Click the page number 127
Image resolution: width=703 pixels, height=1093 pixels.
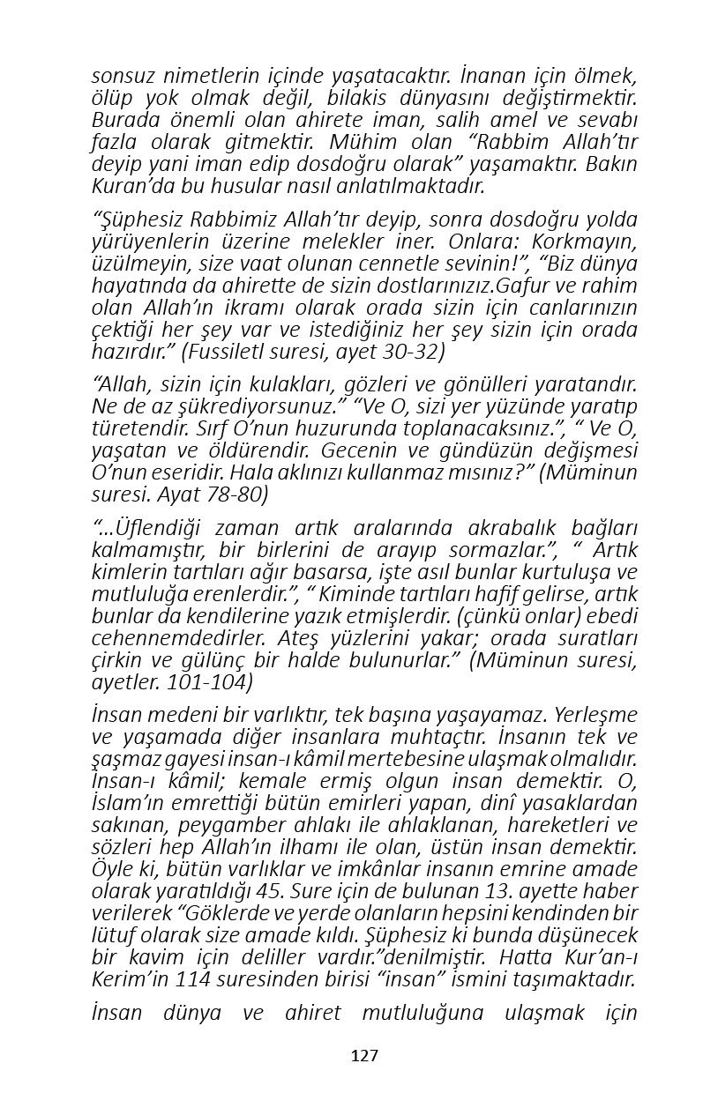point(364,1056)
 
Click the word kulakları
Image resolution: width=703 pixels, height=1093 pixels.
point(298,384)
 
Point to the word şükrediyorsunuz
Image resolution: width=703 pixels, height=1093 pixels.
point(273,406)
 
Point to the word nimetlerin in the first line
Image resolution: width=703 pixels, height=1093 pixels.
point(194,76)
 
